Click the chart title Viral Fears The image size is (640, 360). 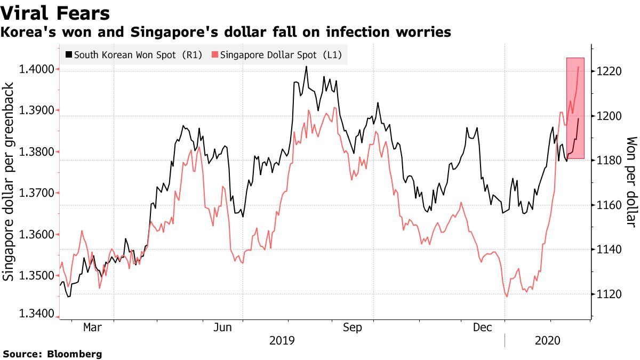coord(55,13)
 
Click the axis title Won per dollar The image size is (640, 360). coord(631,181)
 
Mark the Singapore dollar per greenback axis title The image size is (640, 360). coord(9,181)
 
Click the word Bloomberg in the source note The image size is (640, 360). coord(75,354)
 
